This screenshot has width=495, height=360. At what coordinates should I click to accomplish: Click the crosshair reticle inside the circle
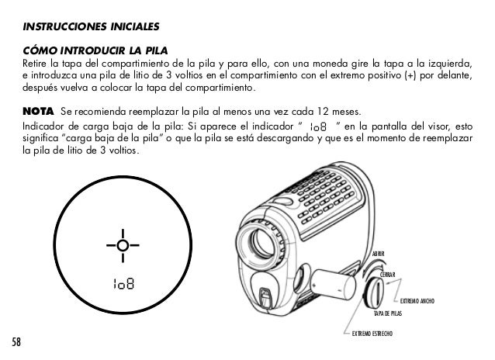tap(122, 247)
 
